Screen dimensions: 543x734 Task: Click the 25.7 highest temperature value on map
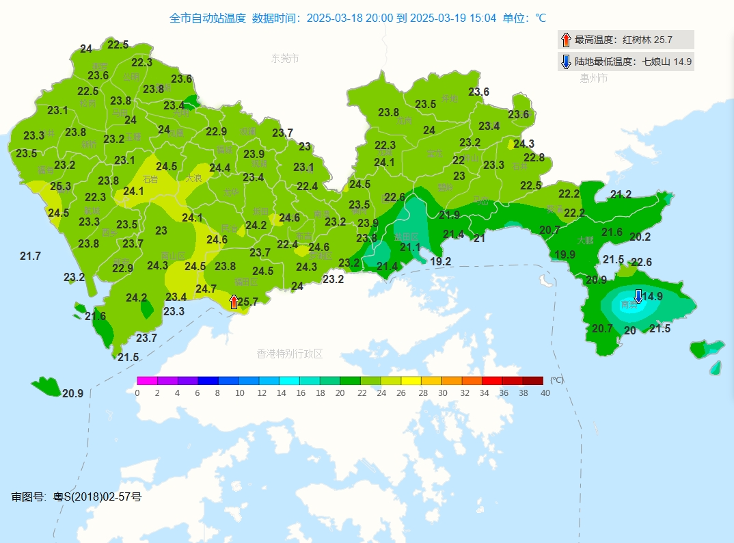(x=248, y=302)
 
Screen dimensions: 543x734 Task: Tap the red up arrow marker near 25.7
(x=234, y=302)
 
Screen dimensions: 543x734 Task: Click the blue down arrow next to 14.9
(x=638, y=296)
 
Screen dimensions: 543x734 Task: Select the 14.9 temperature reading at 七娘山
(x=653, y=297)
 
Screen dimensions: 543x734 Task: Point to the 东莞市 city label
(x=285, y=59)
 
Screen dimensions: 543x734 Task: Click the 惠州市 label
(x=593, y=79)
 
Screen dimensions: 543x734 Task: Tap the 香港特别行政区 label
(x=290, y=354)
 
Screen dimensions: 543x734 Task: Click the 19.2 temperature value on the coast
(x=441, y=261)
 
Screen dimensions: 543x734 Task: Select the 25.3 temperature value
(x=60, y=186)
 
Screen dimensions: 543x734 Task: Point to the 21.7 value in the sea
(x=30, y=256)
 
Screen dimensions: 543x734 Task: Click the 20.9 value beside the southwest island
(x=72, y=393)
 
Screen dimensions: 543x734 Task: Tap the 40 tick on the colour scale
(x=545, y=393)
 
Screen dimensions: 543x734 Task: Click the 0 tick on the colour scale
(x=137, y=393)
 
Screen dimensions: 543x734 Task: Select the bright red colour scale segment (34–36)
(x=491, y=380)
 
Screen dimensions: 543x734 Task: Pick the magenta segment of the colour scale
(x=147, y=380)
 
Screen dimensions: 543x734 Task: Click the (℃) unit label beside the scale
(x=557, y=380)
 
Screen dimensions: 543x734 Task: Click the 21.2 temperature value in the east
(x=621, y=195)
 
